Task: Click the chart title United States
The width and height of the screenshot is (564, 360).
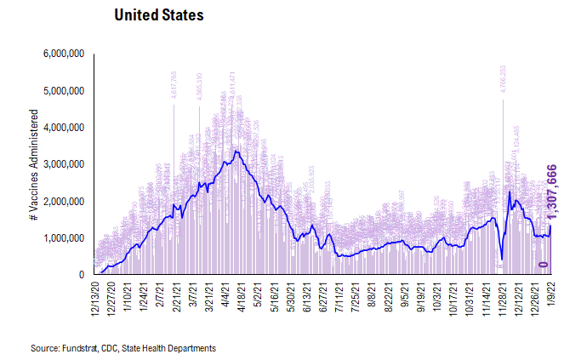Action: (x=159, y=16)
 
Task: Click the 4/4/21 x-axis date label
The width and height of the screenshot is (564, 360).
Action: (x=228, y=294)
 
